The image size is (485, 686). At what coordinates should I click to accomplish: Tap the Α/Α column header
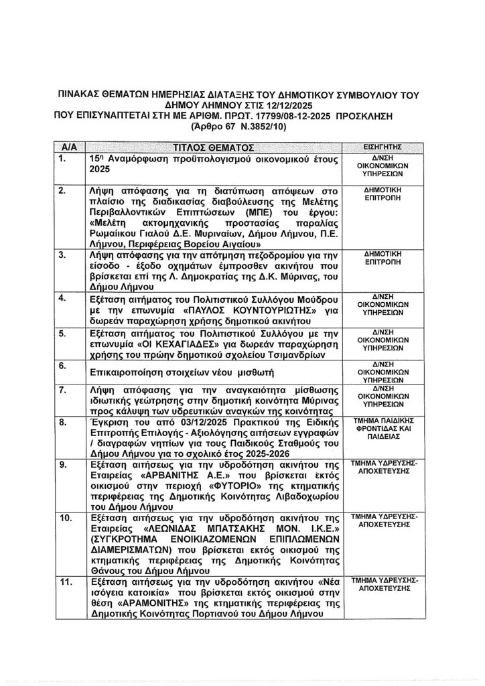coord(70,147)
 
